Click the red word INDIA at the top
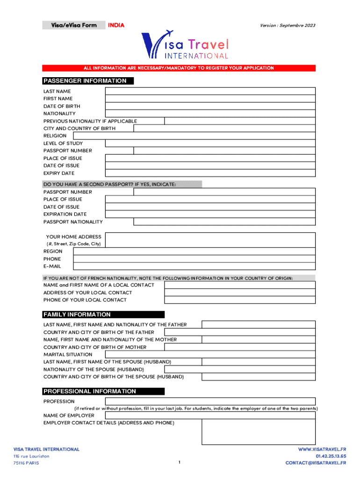pyautogui.click(x=116, y=25)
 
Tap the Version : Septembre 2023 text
pyautogui.click(x=288, y=25)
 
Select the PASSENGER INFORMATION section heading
pyautogui.click(x=85, y=81)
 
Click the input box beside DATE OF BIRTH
pyautogui.click(x=210, y=106)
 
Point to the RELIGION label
pyautogui.click(x=55, y=136)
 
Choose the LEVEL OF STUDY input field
pyautogui.click(x=210, y=143)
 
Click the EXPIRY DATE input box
pyautogui.click(x=210, y=173)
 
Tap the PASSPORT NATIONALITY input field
pyautogui.click(x=224, y=222)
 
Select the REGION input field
pyautogui.click(x=194, y=251)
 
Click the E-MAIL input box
pyautogui.click(x=194, y=266)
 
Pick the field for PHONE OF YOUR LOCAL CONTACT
pyautogui.click(x=240, y=300)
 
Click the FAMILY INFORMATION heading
pyautogui.click(x=77, y=314)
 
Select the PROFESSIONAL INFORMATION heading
pyautogui.click(x=90, y=391)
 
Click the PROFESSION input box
pyautogui.click(x=210, y=401)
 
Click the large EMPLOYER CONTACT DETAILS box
pyautogui.click(x=259, y=432)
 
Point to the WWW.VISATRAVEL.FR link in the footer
pyautogui.click(x=322, y=449)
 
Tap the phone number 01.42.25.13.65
pyautogui.click(x=331, y=456)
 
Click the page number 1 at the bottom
pyautogui.click(x=180, y=463)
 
